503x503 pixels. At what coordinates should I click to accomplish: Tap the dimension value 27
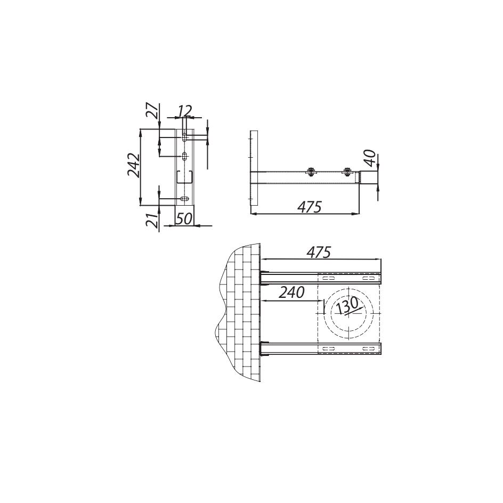(x=152, y=110)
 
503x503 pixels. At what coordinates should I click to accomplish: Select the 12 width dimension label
(x=184, y=111)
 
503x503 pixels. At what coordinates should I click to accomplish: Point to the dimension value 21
(x=152, y=220)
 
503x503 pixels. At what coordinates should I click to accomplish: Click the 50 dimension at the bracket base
(x=184, y=218)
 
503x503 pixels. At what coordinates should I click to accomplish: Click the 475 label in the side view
(x=309, y=207)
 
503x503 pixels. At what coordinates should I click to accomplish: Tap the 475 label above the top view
(x=319, y=252)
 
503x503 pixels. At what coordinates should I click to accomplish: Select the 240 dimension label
(x=291, y=292)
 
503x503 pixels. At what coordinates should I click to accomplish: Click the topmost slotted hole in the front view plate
(x=184, y=137)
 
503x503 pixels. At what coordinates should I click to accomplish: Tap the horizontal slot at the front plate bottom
(x=184, y=199)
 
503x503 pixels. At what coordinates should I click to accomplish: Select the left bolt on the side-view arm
(x=311, y=172)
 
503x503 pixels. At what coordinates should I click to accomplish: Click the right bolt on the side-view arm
(x=347, y=172)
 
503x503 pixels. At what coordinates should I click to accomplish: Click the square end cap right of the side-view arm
(x=369, y=176)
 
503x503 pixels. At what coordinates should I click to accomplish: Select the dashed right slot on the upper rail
(x=367, y=278)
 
